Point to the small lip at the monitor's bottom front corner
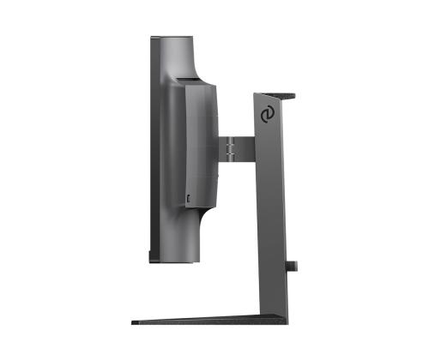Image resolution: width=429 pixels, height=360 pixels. point(151,255)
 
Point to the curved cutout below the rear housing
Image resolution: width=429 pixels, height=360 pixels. point(199,231)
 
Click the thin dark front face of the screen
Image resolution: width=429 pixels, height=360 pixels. point(152,146)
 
